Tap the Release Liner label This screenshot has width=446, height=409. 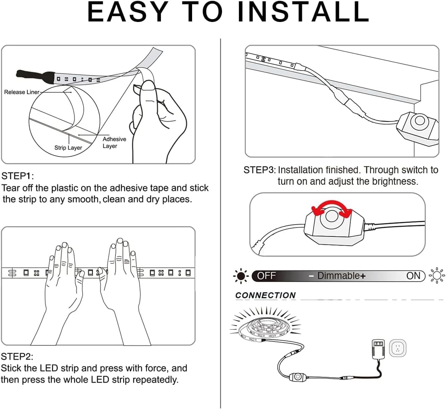(22, 92)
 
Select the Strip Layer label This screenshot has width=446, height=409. (68, 148)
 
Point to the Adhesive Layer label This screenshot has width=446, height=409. (114, 142)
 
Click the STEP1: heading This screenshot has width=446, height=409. (18, 176)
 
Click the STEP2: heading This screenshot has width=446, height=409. (17, 356)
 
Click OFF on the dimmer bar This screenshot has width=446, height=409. (266, 276)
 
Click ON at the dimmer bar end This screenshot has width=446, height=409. (414, 276)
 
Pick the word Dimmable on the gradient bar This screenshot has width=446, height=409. (338, 276)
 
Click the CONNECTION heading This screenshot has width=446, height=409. (265, 296)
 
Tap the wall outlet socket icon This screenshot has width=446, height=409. (398, 348)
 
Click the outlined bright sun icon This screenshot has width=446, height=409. (436, 275)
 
